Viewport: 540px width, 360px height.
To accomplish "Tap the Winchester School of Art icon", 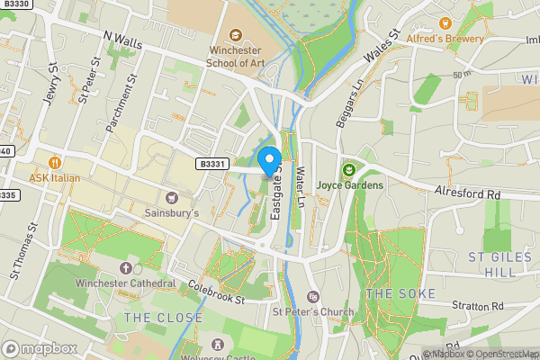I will (x=235, y=34).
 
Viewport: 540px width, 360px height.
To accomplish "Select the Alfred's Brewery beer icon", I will (x=444, y=22).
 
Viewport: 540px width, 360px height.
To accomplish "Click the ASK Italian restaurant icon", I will (x=55, y=163).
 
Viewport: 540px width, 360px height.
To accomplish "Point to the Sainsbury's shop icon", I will (x=171, y=197).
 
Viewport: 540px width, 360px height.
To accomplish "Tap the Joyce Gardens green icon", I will (x=349, y=169).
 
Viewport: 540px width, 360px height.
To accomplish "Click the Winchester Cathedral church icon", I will (x=125, y=268).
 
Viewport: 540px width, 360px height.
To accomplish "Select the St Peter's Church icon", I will (x=313, y=297).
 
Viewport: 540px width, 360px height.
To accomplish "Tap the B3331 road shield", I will (x=210, y=164).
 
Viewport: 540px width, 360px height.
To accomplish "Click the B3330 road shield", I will (x=14, y=4).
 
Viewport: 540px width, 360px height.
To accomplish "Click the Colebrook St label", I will (x=217, y=294).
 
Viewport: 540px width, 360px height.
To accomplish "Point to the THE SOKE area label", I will (x=401, y=294).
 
